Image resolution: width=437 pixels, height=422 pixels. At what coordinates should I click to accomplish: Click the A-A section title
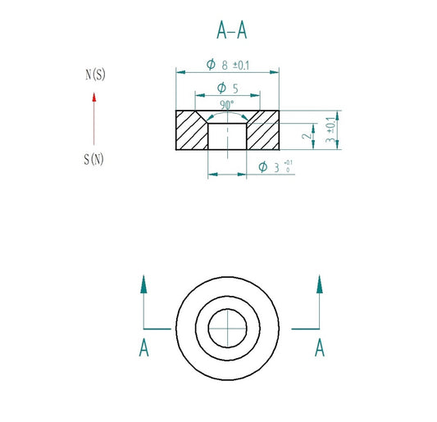(x=231, y=30)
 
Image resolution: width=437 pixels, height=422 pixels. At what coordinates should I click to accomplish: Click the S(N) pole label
(x=94, y=159)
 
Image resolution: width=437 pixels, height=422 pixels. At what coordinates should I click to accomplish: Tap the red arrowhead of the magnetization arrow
(x=94, y=98)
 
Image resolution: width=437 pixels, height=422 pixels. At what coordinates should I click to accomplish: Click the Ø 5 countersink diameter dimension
(x=227, y=88)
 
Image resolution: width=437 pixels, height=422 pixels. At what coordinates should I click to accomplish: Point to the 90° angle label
(x=227, y=105)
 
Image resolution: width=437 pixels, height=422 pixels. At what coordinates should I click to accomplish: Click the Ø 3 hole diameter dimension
(x=275, y=167)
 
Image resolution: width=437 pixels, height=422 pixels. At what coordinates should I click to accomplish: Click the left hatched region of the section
(x=191, y=131)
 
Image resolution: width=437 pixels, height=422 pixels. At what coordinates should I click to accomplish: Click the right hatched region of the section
(x=263, y=131)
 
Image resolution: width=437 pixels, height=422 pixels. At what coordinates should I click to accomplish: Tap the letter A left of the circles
(x=143, y=349)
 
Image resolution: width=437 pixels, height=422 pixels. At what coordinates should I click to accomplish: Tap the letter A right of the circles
(x=320, y=349)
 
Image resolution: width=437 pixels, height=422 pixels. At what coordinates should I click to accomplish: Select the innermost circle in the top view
(x=227, y=329)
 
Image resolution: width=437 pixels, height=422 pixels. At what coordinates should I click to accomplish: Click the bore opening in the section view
(x=227, y=136)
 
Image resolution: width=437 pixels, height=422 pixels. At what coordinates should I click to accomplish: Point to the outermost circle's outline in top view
(x=176, y=329)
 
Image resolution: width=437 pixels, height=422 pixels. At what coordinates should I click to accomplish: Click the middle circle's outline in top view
(x=195, y=329)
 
